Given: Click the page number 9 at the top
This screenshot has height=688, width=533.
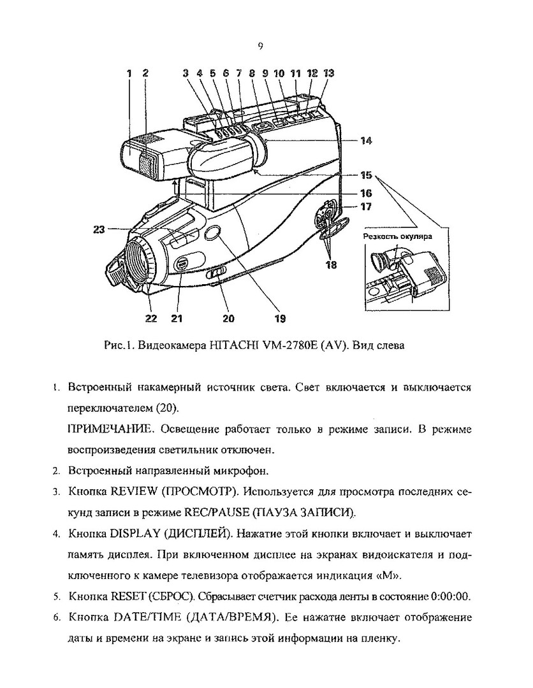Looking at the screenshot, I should tap(261, 45).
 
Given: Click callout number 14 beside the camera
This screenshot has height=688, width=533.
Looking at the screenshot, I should tap(365, 141).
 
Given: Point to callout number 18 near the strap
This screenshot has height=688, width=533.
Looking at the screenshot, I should tap(331, 264).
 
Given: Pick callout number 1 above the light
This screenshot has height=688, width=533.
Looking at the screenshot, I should tap(129, 74).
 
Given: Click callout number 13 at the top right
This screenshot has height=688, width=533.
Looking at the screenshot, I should tap(328, 74).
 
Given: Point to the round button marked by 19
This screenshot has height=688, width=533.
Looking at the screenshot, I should tap(214, 234).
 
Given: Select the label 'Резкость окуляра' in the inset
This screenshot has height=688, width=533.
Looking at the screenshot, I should tap(397, 236).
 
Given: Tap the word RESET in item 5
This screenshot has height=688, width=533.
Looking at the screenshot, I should tap(128, 596).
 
